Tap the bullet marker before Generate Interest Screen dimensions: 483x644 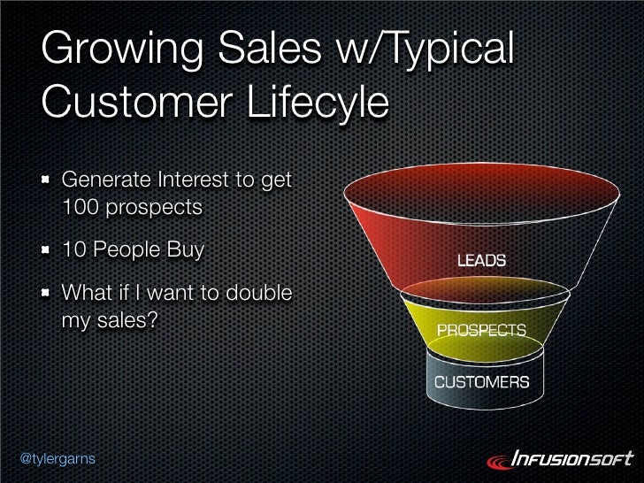click(45, 183)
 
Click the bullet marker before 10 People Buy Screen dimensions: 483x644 click(45, 250)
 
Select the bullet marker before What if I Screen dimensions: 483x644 click(45, 293)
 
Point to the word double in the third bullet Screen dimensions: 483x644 click(257, 292)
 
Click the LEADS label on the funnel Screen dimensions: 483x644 click(481, 261)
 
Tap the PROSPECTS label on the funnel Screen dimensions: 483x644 click(481, 331)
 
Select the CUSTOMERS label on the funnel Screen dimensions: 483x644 click(481, 382)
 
